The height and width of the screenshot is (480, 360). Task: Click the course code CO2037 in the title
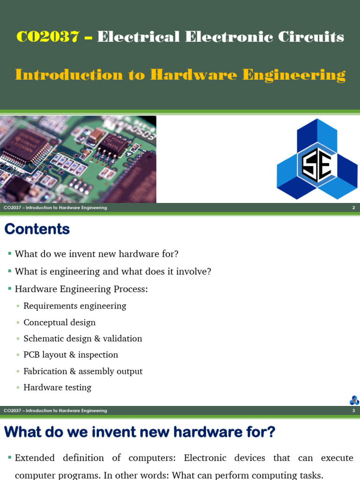coord(47,37)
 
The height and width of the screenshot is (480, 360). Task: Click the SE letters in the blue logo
coord(317,165)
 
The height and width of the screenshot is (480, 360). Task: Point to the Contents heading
coord(37,229)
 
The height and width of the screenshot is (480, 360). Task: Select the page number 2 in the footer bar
coord(353,208)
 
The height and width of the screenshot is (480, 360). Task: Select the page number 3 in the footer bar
coord(353,411)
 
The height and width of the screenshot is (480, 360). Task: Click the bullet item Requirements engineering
coord(75,306)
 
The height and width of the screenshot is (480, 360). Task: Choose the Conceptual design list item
coord(60,322)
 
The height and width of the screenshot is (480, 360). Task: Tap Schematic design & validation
coord(82,338)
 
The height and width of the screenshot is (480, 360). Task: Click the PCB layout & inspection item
coord(71,355)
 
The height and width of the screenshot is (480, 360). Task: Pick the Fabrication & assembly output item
coord(83,371)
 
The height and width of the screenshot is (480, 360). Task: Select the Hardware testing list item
coord(57,388)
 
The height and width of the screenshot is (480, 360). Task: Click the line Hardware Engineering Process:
coord(81,289)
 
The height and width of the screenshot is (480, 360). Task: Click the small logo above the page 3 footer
coord(354,400)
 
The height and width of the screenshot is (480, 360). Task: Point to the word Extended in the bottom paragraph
coord(35,458)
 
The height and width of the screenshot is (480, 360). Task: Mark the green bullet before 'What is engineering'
coord(9,271)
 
